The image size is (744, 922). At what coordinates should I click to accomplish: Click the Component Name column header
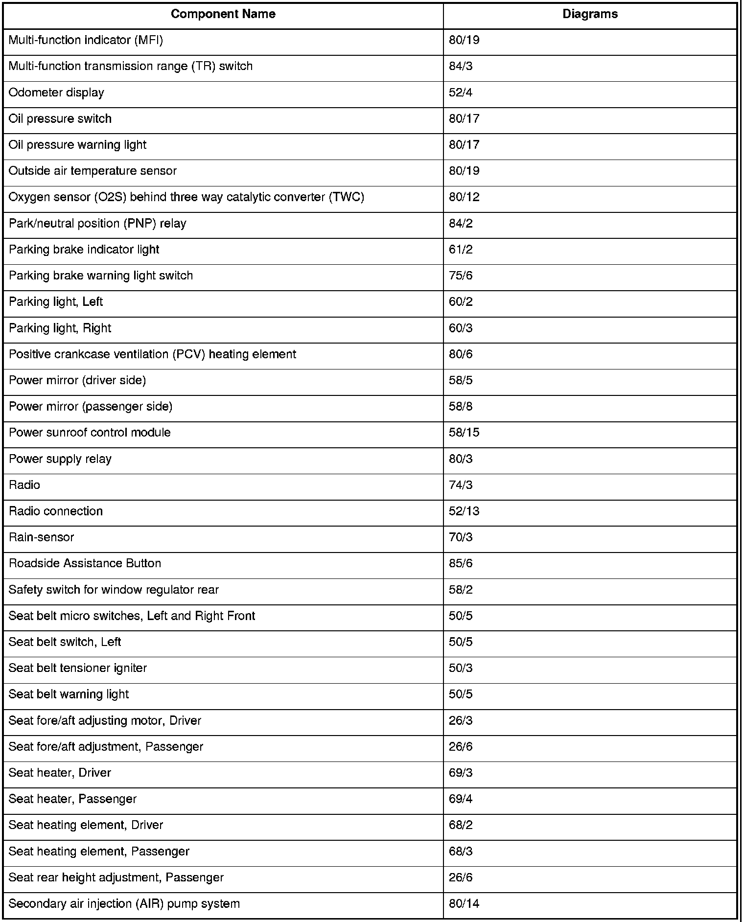223,14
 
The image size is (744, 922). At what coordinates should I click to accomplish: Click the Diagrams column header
590,14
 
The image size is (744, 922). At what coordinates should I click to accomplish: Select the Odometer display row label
56,92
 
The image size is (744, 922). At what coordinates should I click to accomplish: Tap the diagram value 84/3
461,66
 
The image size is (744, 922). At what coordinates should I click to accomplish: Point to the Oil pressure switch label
60,118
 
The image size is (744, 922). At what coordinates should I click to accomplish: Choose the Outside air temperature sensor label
93,171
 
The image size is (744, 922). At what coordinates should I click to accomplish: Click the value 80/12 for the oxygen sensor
464,197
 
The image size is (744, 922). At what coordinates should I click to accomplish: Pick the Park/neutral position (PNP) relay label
97,223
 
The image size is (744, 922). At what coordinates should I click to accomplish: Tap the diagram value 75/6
461,276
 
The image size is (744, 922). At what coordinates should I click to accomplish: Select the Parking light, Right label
60,328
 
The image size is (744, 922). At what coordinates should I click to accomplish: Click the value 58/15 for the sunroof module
464,432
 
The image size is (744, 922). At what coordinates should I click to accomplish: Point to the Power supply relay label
60,459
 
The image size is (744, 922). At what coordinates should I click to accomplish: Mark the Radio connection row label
56,511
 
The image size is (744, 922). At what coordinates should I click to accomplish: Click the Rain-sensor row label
42,537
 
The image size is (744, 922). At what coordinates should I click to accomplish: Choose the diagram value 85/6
461,563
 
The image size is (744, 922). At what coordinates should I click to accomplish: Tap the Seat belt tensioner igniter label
78,668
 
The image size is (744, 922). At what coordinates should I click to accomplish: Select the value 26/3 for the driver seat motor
461,720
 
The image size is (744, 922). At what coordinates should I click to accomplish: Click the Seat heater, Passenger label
72,799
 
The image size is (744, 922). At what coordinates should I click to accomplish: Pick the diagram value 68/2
461,825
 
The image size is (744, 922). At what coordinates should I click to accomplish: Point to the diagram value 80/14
464,903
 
